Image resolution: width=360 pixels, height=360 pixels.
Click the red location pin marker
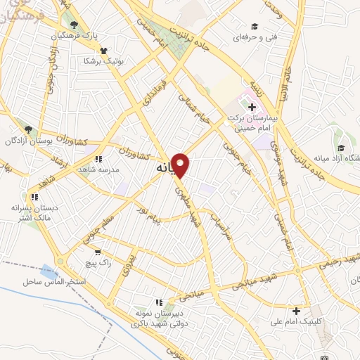point(181,165)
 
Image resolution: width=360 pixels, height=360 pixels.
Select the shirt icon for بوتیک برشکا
point(104,50)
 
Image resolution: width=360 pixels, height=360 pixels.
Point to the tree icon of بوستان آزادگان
point(28,130)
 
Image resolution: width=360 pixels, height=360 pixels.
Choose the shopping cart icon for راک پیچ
point(98,251)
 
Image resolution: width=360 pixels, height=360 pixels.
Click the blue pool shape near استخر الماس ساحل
point(49,271)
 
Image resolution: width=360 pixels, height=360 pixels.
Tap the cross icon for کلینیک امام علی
point(296,310)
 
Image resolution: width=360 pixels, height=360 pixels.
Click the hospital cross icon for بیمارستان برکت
point(252,107)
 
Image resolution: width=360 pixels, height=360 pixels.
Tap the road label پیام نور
point(149,216)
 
